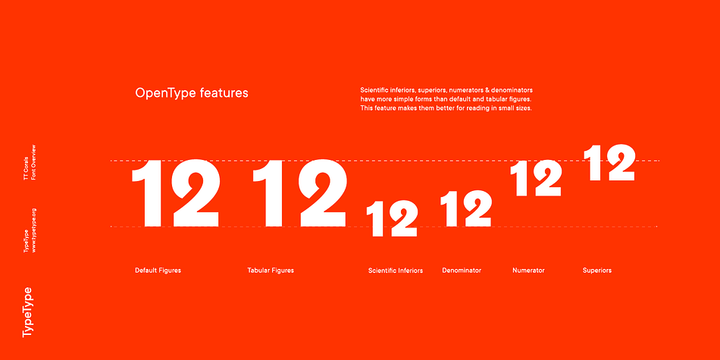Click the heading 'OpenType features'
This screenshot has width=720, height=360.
[x=192, y=93]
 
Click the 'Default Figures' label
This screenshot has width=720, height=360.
[x=158, y=271]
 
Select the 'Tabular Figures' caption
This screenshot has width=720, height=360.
[x=271, y=271]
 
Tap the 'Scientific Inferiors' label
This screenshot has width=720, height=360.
[x=396, y=271]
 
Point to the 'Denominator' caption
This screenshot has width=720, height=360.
[x=462, y=271]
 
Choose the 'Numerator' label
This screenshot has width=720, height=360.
[x=528, y=271]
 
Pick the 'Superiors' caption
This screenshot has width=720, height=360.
[x=597, y=271]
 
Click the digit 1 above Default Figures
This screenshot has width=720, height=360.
[x=148, y=193]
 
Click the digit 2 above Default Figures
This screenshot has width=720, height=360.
[x=196, y=193]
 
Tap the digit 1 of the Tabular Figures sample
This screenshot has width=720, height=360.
[x=268, y=193]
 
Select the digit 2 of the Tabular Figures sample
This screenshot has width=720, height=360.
[x=322, y=193]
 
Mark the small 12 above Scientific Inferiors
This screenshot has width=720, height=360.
[x=392, y=218]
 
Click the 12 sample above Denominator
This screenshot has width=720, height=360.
[x=466, y=208]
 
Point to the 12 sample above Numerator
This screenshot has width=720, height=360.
[x=536, y=179]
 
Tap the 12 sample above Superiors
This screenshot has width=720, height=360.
[x=609, y=162]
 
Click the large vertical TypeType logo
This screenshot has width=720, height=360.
[x=27, y=312]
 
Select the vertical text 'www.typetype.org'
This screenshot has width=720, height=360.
[x=34, y=230]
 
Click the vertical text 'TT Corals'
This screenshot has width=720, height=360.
[x=26, y=168]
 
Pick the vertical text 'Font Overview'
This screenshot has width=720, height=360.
[x=33, y=162]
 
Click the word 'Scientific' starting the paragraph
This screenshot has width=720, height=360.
[x=374, y=90]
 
